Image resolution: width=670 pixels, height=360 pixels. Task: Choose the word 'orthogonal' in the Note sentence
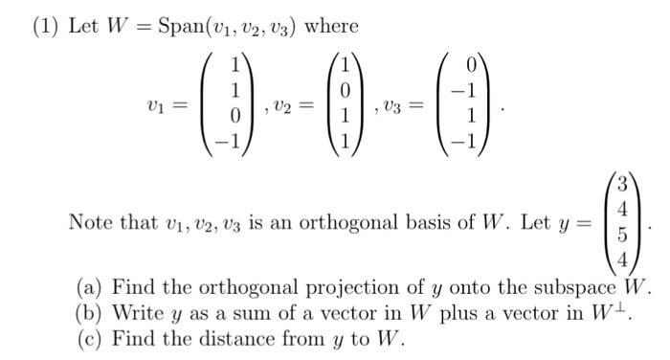point(372,222)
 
